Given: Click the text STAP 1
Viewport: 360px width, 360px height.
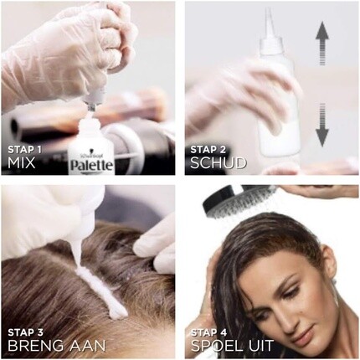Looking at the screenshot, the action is pos(24,150).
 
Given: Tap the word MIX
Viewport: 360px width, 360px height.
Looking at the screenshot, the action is pos(22,163).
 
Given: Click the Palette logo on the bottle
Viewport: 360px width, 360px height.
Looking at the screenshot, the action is pos(91,165).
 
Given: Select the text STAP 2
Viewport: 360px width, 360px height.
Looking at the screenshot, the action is pos(208,150).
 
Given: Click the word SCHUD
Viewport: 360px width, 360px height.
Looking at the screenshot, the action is pos(219,163).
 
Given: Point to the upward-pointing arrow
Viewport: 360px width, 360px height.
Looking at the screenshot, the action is pos(322,44).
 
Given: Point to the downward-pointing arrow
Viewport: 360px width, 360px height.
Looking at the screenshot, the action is pos(322,125).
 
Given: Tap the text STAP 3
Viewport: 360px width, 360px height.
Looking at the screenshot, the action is pos(25,332).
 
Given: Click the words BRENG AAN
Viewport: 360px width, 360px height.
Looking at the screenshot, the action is pos(57,346).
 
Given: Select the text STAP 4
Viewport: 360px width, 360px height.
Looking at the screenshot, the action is pos(208,332).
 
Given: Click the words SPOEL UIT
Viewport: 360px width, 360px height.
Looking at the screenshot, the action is pos(232,346).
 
